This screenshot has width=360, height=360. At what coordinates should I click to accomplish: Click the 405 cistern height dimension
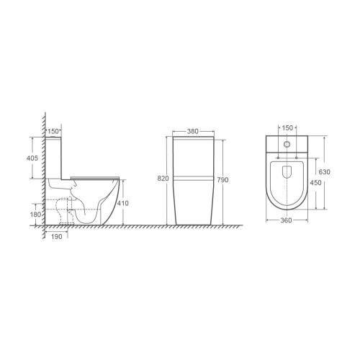[x=32, y=158]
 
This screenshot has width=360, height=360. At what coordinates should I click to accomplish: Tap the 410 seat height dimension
[x=122, y=203]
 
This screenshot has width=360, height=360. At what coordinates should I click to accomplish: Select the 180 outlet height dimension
[x=35, y=215]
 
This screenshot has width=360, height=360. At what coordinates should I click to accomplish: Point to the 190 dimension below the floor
[x=56, y=237]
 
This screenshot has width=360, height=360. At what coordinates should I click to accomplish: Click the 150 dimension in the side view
[x=53, y=131]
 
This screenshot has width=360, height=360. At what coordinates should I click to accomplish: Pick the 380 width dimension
[x=193, y=131]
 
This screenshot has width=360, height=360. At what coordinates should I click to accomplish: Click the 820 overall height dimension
[x=163, y=179]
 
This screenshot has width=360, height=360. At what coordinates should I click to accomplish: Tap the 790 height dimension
[x=222, y=180]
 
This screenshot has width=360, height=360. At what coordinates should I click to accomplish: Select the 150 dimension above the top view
[x=287, y=128]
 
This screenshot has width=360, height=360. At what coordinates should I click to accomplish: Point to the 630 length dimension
[x=325, y=172]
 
